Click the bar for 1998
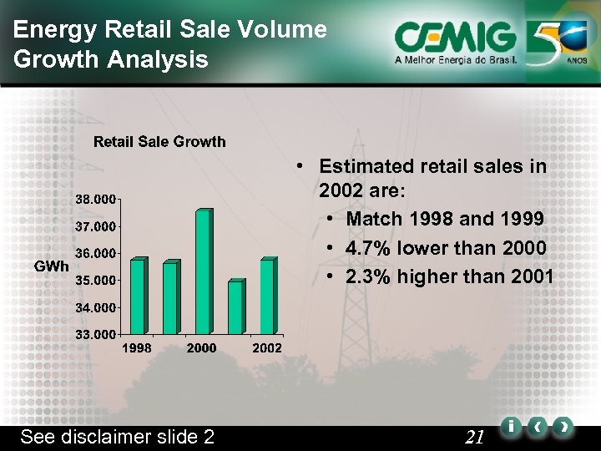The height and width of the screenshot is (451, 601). pos(138,296)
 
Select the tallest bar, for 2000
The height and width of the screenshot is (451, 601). pos(203,271)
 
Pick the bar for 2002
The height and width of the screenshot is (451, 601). pos(267,296)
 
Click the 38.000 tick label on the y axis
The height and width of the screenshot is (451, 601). pos(95,200)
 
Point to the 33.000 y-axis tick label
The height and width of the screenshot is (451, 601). pos(95,334)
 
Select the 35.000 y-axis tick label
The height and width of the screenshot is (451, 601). pos(95,280)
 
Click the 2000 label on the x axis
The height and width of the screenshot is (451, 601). pos(202,347)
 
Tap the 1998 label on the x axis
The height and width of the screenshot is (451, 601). pos(137,347)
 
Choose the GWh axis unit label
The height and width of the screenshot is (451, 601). pos(52,266)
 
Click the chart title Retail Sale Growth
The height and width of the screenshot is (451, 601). pos(159,141)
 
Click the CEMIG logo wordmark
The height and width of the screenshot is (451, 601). pos(455,38)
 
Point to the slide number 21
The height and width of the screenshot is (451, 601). pos(475,436)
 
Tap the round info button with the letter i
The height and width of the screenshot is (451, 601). pos(509,427)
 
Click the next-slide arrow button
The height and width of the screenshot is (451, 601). pos(564,427)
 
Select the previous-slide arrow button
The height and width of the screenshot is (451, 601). pos(538,427)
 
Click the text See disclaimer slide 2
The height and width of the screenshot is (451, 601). pos(117,437)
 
